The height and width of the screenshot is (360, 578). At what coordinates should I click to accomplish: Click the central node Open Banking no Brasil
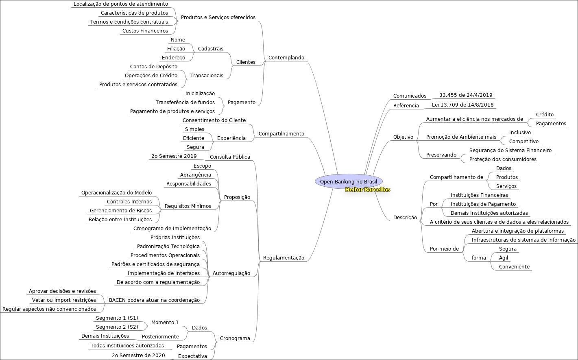tap(348, 181)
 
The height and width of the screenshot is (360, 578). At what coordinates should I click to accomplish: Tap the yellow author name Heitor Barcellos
tap(367, 190)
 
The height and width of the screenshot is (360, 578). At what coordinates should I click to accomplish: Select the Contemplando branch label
tap(286, 58)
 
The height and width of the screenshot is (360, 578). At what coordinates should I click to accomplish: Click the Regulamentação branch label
tap(284, 258)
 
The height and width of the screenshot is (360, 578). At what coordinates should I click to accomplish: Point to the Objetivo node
tap(403, 137)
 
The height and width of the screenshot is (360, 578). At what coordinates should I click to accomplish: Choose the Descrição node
tap(405, 218)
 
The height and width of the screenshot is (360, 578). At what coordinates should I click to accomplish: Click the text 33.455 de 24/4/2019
tap(466, 95)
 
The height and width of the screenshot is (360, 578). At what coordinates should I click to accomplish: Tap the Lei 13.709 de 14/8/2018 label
tap(462, 105)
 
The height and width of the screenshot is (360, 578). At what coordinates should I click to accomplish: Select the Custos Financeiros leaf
tap(145, 31)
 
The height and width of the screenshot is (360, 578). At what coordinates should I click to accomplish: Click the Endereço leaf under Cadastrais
tap(173, 58)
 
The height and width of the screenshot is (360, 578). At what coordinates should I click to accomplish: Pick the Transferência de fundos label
tap(185, 103)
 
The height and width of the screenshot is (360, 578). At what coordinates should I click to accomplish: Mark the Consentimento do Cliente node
tap(214, 120)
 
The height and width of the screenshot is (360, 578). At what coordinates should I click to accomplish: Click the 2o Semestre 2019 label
tap(174, 156)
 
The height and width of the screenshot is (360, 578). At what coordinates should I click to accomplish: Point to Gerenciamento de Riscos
tap(120, 211)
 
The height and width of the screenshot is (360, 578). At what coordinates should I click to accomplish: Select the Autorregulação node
tap(231, 273)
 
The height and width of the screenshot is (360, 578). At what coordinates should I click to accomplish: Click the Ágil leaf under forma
tap(503, 258)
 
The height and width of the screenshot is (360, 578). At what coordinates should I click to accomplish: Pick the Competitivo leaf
tap(523, 142)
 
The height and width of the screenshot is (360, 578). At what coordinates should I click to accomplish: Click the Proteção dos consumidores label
tap(503, 159)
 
